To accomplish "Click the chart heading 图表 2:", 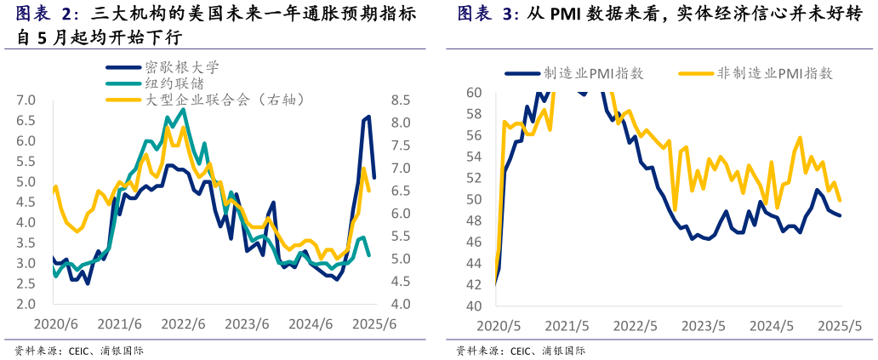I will (48, 14).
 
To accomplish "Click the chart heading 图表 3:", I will (488, 14).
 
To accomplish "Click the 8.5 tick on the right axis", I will (400, 100).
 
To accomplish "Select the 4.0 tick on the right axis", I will (400, 305).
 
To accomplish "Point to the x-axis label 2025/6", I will (375, 324).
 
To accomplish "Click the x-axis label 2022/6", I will (184, 324).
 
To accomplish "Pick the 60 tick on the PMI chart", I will (474, 92).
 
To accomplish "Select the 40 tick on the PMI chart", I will (474, 306).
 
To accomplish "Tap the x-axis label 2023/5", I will (704, 326).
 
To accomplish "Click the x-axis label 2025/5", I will (841, 326).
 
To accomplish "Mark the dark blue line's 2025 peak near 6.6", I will (368, 117).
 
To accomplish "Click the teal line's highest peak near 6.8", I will (184, 109).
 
